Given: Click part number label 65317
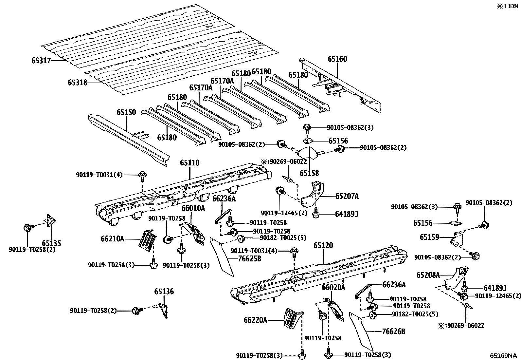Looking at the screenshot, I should (41, 61).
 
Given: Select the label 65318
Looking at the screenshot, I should (77, 83).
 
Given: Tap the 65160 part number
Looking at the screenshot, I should (337, 59).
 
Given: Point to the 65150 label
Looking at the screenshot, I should (126, 113).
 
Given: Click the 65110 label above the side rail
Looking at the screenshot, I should (189, 163).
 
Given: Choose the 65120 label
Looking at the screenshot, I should (323, 245).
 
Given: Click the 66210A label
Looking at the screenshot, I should (112, 239).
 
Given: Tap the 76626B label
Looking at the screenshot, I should (393, 332).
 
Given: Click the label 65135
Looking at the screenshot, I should (51, 243).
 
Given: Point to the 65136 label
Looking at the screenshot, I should (164, 292).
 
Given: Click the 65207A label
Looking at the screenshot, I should (347, 196).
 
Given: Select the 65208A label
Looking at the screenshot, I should (428, 275).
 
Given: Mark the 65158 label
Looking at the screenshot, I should (309, 173).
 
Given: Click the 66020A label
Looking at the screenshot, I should (333, 288).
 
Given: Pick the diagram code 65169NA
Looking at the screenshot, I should (503, 355).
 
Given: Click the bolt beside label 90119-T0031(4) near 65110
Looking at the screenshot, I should (143, 175).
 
